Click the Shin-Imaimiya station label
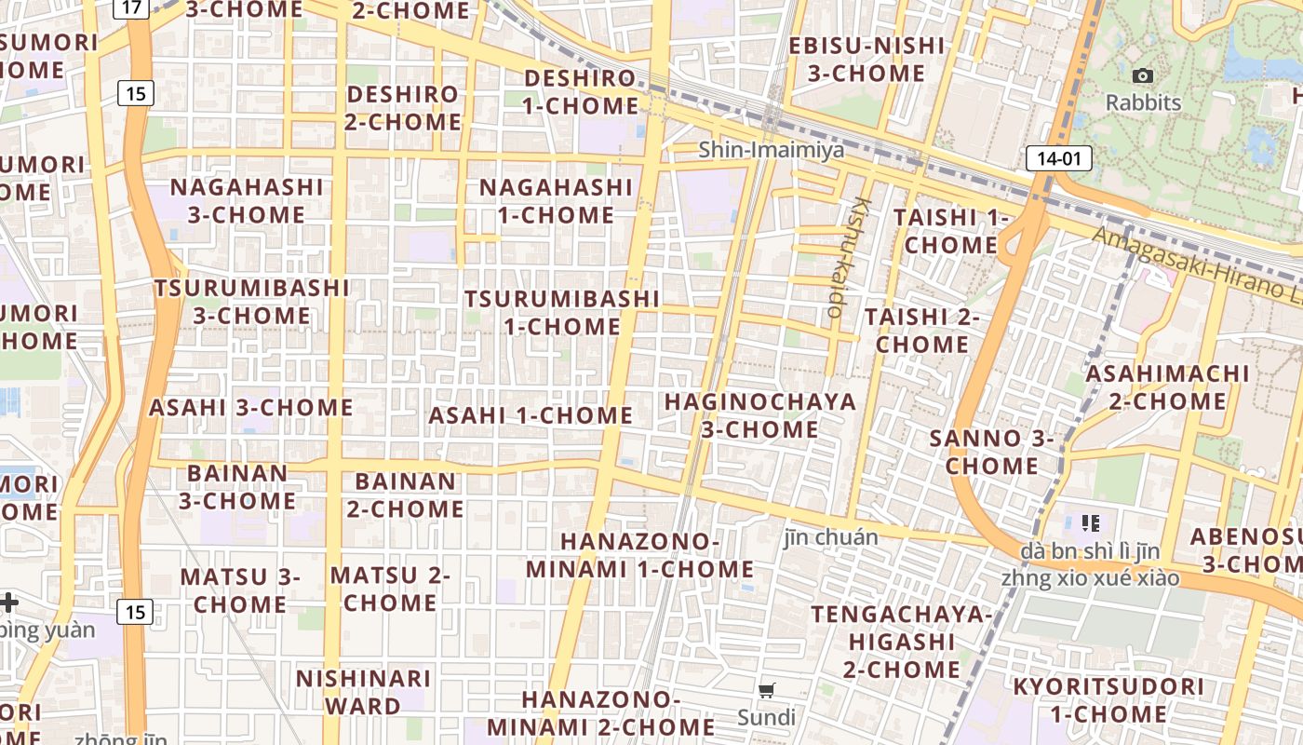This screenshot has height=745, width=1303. click(772, 150)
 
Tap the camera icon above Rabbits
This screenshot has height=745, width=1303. click(1143, 76)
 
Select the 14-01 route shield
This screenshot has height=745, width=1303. click(1058, 158)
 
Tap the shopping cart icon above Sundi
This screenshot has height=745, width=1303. click(767, 690)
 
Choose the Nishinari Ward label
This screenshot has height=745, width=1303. click(363, 692)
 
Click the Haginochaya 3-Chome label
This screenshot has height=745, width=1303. click(759, 415)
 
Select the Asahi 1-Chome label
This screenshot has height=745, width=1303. click(531, 415)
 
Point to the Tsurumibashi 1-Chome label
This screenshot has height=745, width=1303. click(562, 313)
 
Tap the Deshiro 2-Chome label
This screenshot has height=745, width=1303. click(403, 108)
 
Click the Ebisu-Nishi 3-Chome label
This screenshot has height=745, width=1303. click(866, 60)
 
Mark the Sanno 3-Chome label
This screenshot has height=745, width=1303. click(991, 452)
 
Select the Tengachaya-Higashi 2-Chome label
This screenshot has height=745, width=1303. click(901, 642)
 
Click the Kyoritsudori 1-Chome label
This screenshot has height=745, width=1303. click(1108, 701)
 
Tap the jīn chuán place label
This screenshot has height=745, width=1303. click(831, 537)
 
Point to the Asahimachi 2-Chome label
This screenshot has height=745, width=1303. click(1168, 387)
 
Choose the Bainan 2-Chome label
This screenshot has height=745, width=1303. click(406, 495)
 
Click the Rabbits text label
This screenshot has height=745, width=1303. click(1143, 102)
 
